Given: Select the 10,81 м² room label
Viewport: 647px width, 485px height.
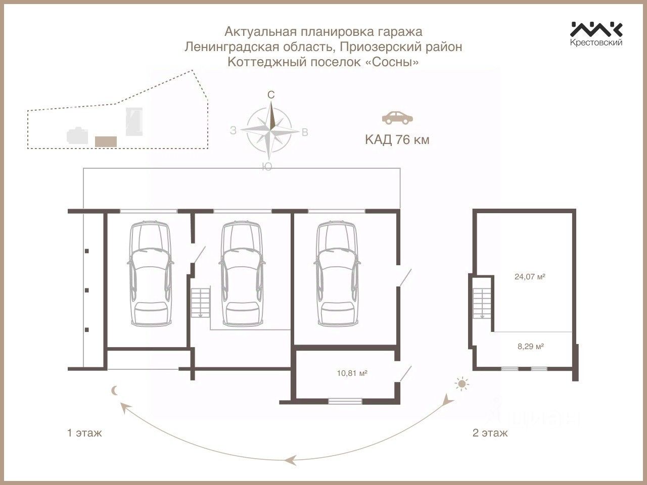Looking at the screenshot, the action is [x=352, y=374].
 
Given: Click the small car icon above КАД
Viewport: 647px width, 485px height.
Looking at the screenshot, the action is [x=397, y=117].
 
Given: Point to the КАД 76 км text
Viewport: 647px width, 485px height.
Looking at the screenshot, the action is [x=397, y=140].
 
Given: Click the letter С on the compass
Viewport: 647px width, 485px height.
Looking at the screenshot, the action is [x=271, y=95].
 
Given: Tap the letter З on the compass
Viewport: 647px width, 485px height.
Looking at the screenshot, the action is [x=233, y=130].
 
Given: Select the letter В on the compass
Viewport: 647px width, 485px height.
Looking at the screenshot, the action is [x=305, y=132].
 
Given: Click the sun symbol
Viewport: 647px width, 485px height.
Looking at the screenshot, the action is [x=461, y=384].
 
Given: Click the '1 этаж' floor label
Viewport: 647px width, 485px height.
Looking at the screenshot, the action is [x=84, y=433].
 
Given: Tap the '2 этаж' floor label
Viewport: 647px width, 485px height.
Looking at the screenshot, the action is [x=490, y=433].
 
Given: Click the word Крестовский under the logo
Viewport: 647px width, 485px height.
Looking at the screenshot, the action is [x=596, y=43].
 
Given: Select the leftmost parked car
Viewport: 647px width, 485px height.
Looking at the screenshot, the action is [x=149, y=274].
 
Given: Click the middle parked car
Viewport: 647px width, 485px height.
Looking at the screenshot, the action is [x=242, y=274].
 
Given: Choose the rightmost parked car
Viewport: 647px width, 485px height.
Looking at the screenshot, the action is [x=336, y=274].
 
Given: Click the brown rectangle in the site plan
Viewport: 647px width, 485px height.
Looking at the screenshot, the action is [x=106, y=141].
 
